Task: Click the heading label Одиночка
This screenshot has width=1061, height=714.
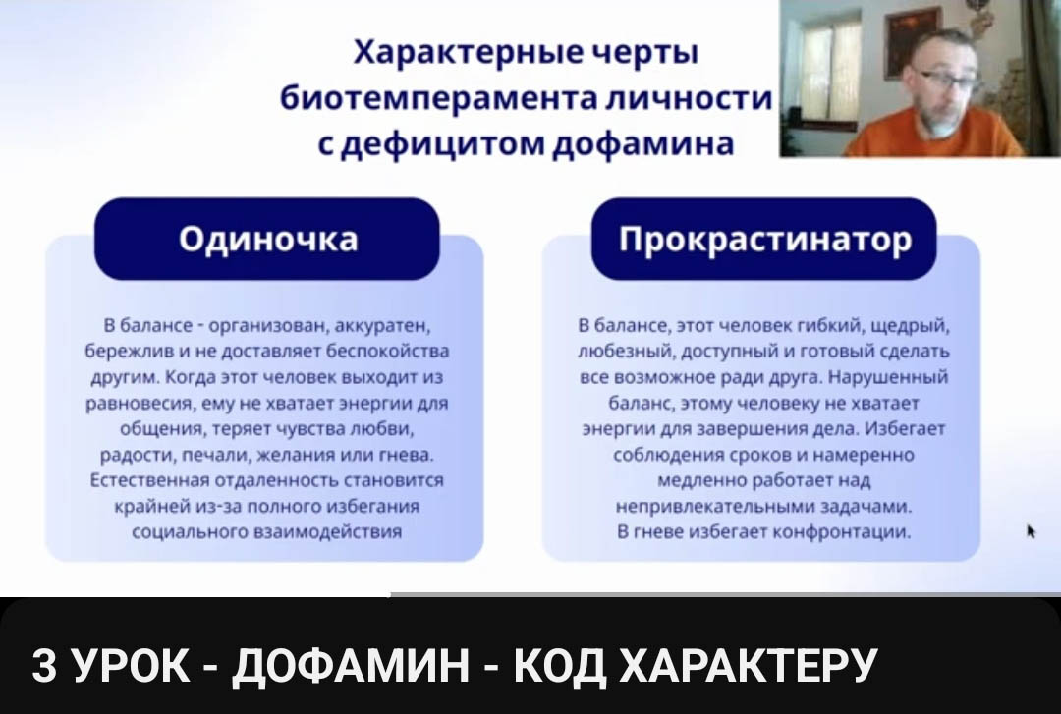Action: click(x=268, y=239)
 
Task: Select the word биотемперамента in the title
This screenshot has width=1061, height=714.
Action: click(x=437, y=99)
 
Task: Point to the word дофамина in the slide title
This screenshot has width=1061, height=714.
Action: click(x=643, y=142)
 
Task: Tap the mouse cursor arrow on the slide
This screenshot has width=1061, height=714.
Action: click(x=1032, y=531)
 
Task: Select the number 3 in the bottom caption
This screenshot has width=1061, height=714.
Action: click(x=44, y=665)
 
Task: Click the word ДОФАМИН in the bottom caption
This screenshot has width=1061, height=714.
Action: click(x=350, y=665)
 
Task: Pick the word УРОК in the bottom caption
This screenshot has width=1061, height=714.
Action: click(x=130, y=665)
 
